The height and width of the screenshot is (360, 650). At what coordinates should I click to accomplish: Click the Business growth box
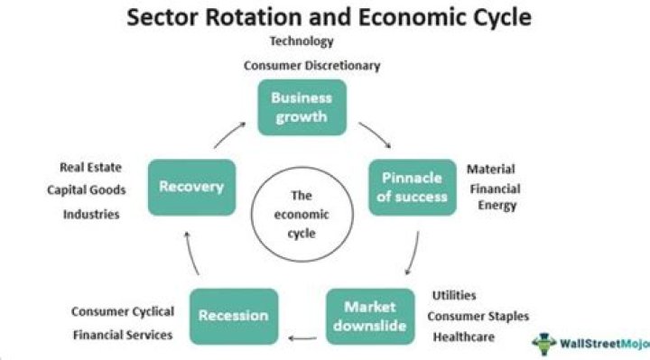tap(302, 107)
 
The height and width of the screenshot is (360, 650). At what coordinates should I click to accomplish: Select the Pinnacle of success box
tap(413, 186)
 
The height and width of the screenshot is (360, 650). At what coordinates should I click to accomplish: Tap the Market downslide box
tap(369, 316)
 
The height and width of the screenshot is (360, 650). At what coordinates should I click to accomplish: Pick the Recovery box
tap(190, 187)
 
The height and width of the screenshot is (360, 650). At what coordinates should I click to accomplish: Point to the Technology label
tap(302, 41)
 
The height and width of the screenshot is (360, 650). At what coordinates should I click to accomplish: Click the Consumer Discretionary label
tap(311, 65)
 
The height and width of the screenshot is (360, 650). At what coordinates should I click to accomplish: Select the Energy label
tap(497, 206)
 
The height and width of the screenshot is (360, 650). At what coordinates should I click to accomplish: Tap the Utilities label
tap(454, 295)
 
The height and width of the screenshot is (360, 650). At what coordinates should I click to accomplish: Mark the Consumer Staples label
tap(478, 316)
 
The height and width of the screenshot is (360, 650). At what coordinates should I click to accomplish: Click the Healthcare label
tap(465, 337)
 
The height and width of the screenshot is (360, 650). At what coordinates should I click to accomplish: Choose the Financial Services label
tap(123, 335)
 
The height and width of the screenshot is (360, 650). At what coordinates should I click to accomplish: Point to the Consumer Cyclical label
tap(123, 312)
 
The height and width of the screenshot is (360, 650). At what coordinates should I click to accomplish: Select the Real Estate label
tap(90, 167)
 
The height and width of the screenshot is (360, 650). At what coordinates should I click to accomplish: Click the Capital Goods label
tap(86, 189)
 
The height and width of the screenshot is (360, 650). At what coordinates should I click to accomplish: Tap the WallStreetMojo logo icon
tap(544, 343)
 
